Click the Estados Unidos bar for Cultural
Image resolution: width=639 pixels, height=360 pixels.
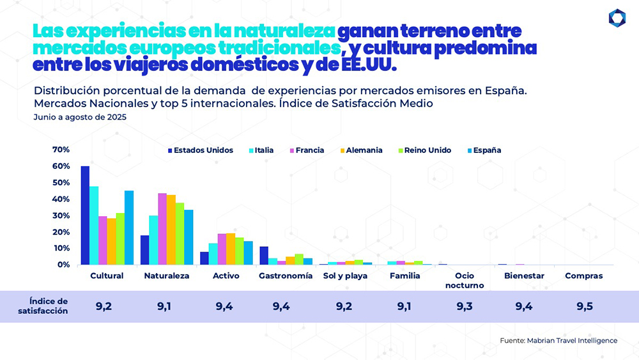[x=85, y=215]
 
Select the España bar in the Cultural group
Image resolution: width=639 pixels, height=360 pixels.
[x=129, y=228]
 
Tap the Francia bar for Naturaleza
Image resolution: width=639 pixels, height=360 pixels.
[x=162, y=229]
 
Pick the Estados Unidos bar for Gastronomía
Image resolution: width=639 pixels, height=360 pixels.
[x=264, y=256]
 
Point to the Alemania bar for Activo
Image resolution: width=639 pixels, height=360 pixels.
[x=231, y=249]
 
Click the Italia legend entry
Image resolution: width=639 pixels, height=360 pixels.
[x=261, y=150]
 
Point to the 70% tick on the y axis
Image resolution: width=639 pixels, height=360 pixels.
[x=61, y=150]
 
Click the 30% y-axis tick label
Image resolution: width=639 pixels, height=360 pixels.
[x=61, y=215]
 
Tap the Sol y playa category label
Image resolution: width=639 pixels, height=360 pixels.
[x=345, y=276]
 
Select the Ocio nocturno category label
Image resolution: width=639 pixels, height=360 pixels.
[x=465, y=281]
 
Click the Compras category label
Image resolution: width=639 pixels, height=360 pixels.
[x=584, y=276]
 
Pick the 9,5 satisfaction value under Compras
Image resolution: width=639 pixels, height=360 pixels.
[x=584, y=307]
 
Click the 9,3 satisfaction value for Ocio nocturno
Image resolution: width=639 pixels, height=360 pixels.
[x=465, y=307]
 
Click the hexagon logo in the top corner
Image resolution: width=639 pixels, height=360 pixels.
[x=617, y=18]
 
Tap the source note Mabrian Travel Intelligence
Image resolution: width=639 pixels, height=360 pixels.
[x=558, y=341]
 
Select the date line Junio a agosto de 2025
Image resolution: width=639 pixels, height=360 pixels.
[x=80, y=118]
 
